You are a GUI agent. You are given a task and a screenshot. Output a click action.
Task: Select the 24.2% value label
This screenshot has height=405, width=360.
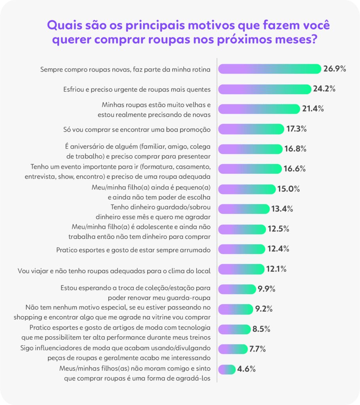[324, 89]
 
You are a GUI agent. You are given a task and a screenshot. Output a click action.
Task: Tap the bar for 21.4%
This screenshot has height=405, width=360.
[259, 109]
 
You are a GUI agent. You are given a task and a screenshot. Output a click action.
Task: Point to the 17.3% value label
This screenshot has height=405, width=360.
[296, 129]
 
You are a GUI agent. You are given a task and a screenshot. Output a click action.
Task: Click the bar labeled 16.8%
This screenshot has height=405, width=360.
[250, 149]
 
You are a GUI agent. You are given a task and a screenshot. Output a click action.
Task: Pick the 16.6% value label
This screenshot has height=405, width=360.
[294, 169]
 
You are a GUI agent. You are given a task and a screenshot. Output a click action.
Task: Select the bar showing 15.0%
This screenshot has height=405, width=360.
[247, 189]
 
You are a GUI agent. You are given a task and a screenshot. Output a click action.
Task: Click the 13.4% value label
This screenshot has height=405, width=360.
[282, 209]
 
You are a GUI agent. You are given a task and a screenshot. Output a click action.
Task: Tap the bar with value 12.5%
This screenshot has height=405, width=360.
[242, 229]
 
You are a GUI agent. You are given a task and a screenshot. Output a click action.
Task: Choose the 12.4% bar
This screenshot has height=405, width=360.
[242, 249]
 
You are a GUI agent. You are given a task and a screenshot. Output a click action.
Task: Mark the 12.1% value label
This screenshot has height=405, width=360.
[276, 269]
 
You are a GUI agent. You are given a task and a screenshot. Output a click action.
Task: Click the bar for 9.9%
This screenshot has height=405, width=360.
[237, 289]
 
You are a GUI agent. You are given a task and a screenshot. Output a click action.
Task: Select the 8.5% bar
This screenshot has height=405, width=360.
[234, 329]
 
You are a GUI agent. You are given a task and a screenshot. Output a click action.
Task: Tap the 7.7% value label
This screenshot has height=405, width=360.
[257, 349]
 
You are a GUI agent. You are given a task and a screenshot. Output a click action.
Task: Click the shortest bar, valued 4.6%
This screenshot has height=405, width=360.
[227, 369]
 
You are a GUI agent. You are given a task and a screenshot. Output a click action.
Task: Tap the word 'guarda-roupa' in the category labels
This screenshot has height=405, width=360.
[190, 297]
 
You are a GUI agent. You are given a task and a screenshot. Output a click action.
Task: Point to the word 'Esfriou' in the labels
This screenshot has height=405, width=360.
[74, 89]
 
